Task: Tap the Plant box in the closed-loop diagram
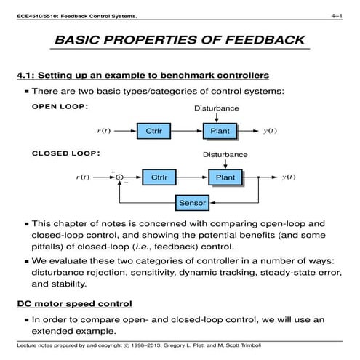(x=225, y=177)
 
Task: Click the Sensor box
(x=192, y=202)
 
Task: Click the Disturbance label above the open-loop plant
(x=216, y=108)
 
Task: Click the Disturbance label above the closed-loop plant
(x=225, y=155)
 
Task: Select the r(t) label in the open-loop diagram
(x=103, y=131)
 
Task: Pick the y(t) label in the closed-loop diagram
(x=288, y=177)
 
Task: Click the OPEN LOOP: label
(x=60, y=106)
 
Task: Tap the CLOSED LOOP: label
(x=65, y=153)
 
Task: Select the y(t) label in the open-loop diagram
(x=270, y=131)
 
